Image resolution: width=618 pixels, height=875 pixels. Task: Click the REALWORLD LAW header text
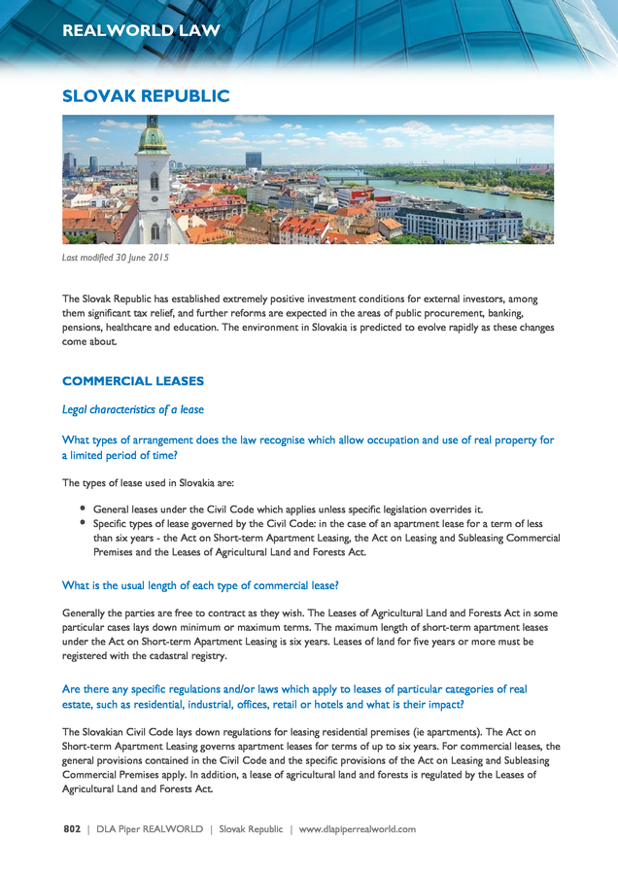[141, 31]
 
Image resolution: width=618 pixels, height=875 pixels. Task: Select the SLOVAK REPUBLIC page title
[146, 95]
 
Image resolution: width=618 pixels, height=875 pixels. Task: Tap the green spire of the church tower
[153, 136]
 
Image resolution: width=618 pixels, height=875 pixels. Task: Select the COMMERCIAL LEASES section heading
[133, 380]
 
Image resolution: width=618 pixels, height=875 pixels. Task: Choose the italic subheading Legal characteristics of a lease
[133, 409]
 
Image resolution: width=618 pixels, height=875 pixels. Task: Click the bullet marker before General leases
[84, 507]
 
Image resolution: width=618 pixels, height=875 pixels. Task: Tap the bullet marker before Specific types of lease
[84, 522]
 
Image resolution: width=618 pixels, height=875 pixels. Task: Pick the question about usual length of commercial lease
[200, 585]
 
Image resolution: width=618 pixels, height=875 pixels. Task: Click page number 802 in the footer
[71, 829]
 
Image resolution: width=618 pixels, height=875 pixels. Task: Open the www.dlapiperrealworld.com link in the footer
[358, 829]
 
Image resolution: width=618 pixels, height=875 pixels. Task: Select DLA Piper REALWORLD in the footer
[150, 829]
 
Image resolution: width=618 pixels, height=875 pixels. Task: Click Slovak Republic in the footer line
[251, 829]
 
